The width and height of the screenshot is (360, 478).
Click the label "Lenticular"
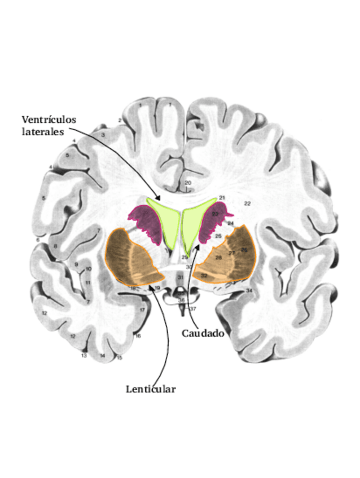151,389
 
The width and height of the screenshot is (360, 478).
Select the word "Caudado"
203,333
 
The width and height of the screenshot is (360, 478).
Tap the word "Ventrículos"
49,120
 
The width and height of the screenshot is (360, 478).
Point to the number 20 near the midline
188,183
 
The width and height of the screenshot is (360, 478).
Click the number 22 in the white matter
247,203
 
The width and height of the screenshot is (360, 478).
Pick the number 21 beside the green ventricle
222,197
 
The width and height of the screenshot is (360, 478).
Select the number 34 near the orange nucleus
249,290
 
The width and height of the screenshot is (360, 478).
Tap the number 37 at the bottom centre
192,309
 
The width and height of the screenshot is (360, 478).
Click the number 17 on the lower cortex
143,310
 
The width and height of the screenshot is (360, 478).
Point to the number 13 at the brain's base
84,356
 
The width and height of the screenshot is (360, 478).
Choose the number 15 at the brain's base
119,357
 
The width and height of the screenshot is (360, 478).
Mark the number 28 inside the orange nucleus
218,257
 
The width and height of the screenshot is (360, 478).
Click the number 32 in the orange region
204,275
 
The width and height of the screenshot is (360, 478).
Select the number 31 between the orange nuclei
180,277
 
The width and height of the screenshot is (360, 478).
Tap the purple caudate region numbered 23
215,214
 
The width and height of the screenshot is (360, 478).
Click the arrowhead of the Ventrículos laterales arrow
161,199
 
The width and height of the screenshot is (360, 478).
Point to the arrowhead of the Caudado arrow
199,244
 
